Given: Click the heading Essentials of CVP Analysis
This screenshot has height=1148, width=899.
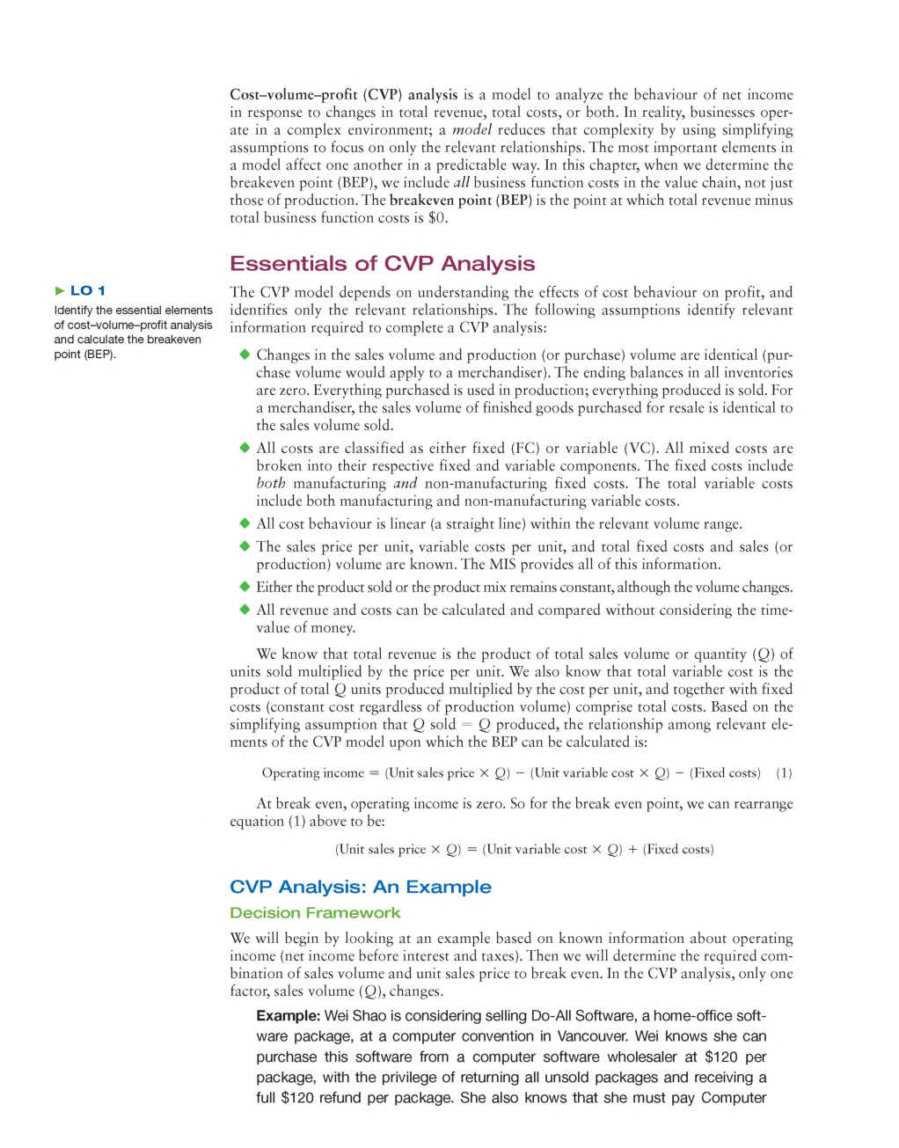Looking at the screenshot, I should click(383, 264).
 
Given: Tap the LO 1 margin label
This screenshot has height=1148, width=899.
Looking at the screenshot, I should click(88, 290).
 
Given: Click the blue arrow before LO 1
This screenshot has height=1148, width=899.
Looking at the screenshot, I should click(60, 290).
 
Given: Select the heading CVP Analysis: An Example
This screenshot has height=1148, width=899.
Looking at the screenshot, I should click(361, 887).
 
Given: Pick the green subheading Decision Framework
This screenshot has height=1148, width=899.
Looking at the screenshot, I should click(315, 913).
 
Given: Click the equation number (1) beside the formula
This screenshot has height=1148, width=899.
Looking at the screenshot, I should click(784, 773).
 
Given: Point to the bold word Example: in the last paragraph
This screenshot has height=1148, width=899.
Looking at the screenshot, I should click(288, 1016).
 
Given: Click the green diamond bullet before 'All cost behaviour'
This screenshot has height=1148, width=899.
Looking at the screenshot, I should click(245, 523).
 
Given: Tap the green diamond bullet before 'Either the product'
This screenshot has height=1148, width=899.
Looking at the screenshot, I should click(245, 587).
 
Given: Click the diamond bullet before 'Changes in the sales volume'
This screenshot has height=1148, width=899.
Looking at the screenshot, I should click(245, 355).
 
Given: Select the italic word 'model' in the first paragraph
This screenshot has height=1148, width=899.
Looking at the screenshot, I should click(471, 130).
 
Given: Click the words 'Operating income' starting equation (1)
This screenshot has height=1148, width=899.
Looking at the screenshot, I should click(312, 773).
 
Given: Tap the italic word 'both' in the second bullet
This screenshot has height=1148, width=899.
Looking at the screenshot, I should click(271, 484).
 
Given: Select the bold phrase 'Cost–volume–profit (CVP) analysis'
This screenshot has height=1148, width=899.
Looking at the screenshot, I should click(344, 95).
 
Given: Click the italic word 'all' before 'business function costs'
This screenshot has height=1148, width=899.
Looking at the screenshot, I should click(462, 183).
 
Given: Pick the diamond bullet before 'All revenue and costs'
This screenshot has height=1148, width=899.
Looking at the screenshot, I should click(245, 610).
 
